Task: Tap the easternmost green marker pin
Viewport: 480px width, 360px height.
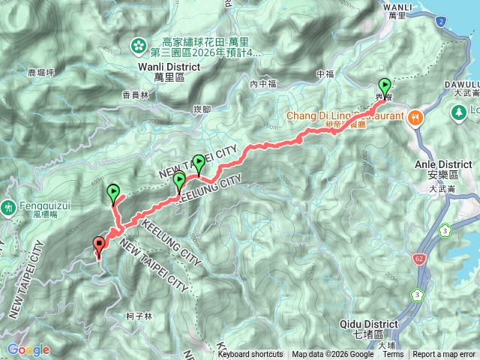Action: (x=385, y=86)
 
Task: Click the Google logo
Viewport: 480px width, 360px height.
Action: (x=28, y=349)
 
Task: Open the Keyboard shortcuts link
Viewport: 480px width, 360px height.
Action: (x=250, y=355)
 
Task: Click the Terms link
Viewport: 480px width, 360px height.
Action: (x=393, y=355)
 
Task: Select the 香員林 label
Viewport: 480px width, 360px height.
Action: (x=135, y=94)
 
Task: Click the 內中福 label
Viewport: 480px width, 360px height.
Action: (x=263, y=83)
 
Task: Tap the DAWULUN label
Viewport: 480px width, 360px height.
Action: (x=461, y=84)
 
